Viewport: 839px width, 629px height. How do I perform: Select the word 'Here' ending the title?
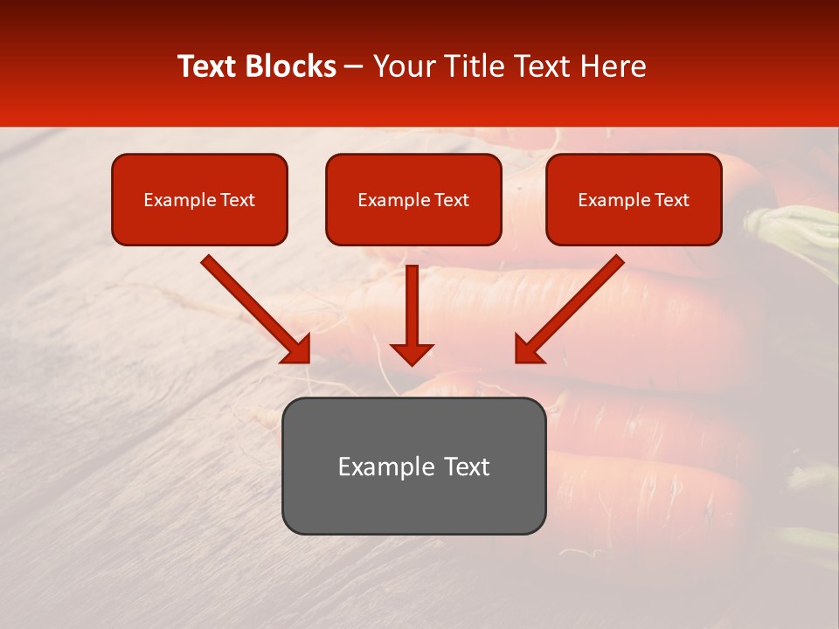[616, 66]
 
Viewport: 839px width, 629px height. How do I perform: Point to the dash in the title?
[354, 67]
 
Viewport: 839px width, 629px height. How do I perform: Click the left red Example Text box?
[199, 200]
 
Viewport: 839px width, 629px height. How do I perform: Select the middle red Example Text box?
[413, 200]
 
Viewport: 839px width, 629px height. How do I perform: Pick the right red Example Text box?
[634, 200]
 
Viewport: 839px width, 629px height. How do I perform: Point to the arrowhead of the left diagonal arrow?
[297, 349]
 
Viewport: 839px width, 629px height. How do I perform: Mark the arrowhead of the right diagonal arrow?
[527, 349]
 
